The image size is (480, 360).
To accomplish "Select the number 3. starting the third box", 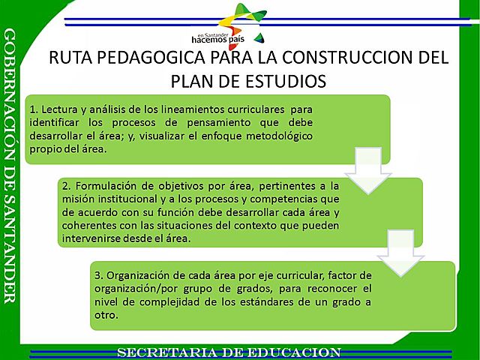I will (99, 275).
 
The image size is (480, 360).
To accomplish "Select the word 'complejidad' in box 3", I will (178, 302).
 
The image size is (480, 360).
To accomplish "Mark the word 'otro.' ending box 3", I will (106, 316).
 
